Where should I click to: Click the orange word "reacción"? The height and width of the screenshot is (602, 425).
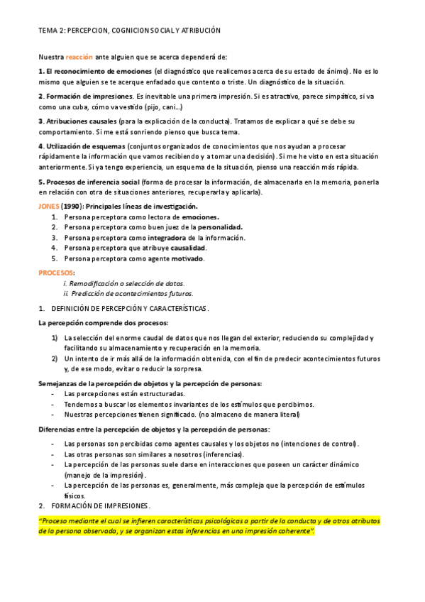79,56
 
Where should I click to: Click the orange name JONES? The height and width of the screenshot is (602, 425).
50,206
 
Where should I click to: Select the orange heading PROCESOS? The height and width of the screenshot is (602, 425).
55,273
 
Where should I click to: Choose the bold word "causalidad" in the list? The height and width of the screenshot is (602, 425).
184,248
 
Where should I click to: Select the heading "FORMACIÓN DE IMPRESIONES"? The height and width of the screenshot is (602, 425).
101,506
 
